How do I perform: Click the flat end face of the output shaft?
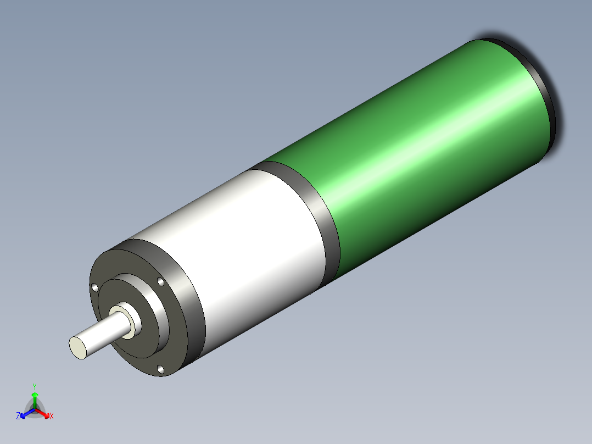tap(78, 347)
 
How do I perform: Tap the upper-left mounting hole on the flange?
tap(94, 287)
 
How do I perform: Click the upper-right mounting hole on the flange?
tap(160, 282)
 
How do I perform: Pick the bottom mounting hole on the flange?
tap(160, 369)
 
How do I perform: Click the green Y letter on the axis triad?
tap(35, 386)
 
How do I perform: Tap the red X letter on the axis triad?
tap(52, 416)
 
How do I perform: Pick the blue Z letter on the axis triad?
tap(18, 416)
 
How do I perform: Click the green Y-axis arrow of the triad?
tap(35, 399)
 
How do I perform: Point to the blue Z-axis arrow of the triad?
tap(26, 413)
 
